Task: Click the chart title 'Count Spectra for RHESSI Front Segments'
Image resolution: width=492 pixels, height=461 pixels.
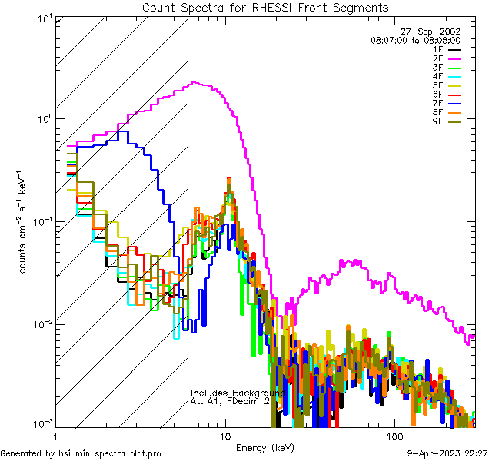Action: [x=265, y=8]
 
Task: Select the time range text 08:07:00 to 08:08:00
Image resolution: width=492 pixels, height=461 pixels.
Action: [x=416, y=40]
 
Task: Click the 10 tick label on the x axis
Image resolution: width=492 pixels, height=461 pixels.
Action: [x=224, y=435]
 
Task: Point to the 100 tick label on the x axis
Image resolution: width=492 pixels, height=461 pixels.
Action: [x=394, y=435]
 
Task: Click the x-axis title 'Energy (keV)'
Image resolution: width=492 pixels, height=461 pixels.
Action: [x=265, y=447]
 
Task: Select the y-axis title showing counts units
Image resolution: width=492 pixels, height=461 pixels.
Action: [x=24, y=221]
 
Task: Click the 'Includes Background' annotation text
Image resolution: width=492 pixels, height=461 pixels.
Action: [x=238, y=393]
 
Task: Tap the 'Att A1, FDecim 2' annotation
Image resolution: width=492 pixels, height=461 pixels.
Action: [x=230, y=401]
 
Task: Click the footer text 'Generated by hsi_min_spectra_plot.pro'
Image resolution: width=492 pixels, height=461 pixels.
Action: [x=81, y=453]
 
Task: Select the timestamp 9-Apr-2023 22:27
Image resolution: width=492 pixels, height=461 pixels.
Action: [x=447, y=453]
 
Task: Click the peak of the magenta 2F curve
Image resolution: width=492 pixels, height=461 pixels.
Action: [x=195, y=83]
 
